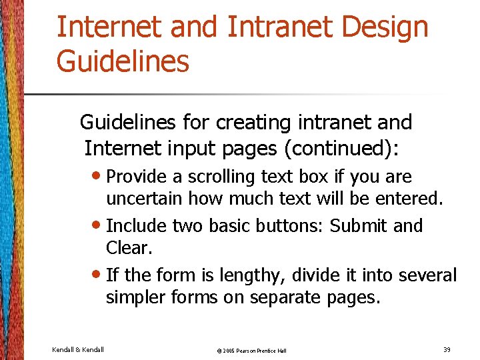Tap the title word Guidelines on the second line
[x=123, y=61]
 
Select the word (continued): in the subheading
[x=341, y=148]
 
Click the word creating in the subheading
[x=254, y=123]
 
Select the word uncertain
[x=145, y=199]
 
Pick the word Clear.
[x=129, y=248]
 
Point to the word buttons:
[x=292, y=226]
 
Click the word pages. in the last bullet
[x=353, y=297]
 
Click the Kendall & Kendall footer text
[x=77, y=349]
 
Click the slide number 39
[x=446, y=349]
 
